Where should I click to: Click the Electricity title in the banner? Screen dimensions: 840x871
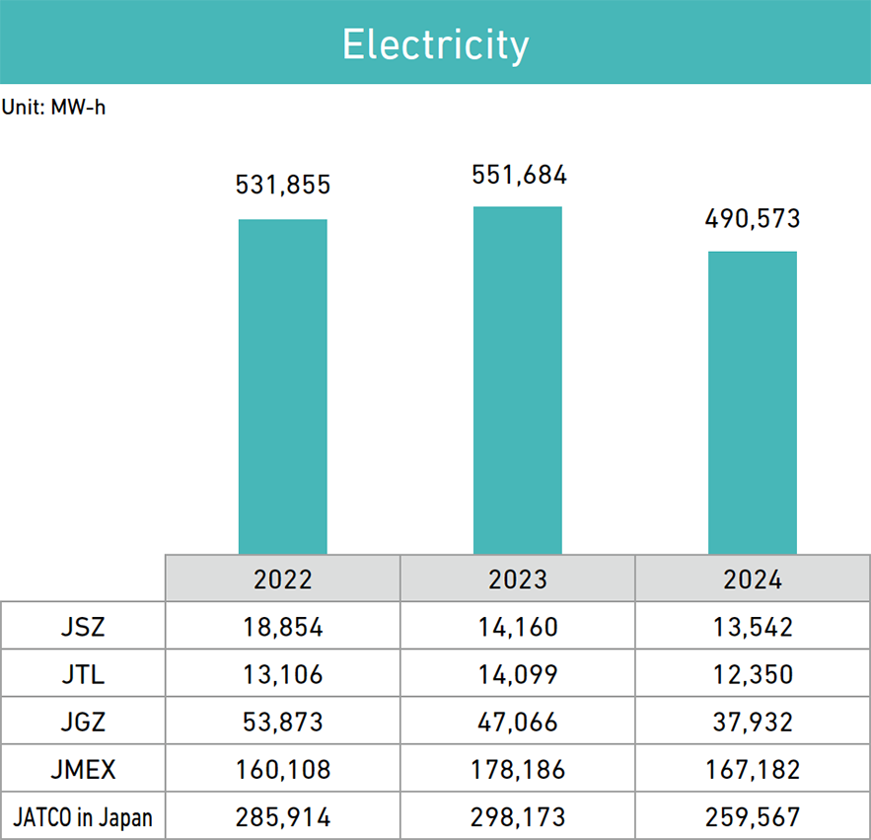(x=435, y=45)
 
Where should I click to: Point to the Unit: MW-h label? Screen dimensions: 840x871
(x=53, y=108)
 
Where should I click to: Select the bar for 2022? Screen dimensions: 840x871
(x=283, y=386)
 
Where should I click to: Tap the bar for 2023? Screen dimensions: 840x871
(x=518, y=380)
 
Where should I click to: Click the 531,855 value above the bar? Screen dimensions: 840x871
(x=283, y=185)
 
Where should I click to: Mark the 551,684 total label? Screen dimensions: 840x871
(x=519, y=175)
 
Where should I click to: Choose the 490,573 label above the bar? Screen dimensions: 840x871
(x=753, y=218)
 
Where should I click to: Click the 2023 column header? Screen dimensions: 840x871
(x=518, y=578)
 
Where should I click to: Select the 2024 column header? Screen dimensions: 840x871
(x=753, y=578)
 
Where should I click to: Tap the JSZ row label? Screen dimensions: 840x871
(x=83, y=626)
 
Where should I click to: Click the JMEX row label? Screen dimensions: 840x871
(x=83, y=769)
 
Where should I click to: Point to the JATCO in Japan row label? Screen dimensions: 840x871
(x=83, y=817)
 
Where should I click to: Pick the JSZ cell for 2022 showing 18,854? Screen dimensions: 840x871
(x=283, y=626)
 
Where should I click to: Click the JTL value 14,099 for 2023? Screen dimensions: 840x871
(x=518, y=673)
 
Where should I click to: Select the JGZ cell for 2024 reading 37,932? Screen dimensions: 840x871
(x=753, y=722)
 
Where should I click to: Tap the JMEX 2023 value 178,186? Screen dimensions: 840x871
(x=518, y=769)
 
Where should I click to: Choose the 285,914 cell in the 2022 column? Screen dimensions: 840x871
(x=283, y=817)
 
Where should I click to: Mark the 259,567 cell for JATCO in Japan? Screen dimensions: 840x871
(x=753, y=817)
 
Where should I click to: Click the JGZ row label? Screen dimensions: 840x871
(x=83, y=722)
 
